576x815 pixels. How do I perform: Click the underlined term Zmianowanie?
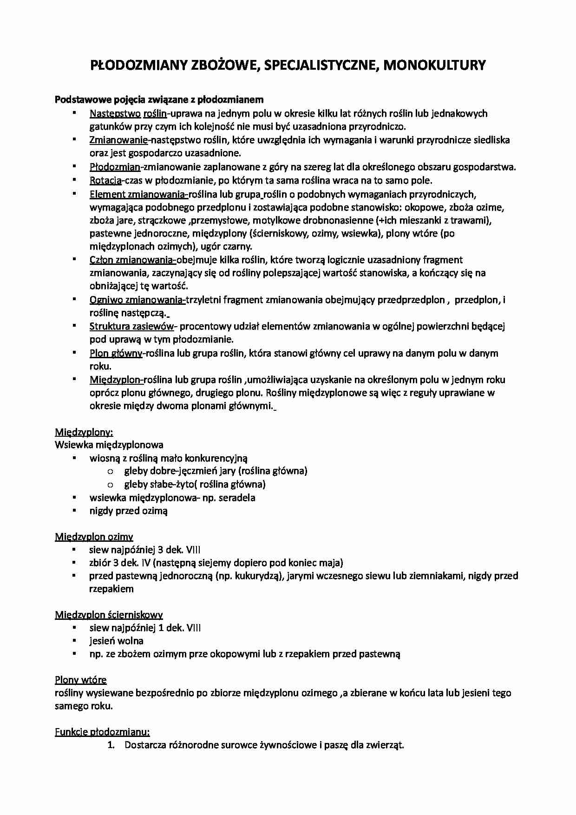pos(118,140)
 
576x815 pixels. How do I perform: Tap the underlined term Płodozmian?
pos(115,167)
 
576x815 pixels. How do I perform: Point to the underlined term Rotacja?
pos(105,180)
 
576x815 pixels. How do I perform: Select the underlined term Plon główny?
pos(116,353)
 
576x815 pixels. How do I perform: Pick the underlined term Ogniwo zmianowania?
pos(137,300)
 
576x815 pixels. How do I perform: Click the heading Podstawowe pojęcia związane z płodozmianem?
pos(159,99)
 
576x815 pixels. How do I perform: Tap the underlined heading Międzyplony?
pos(84,432)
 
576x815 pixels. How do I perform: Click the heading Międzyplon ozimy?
pos(94,537)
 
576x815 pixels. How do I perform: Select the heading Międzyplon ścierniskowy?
pos(109,615)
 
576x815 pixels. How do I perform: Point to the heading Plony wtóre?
pos(81,680)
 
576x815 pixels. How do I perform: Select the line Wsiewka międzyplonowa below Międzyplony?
pos(109,445)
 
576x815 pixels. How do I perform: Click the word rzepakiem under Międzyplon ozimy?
pos(111,589)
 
